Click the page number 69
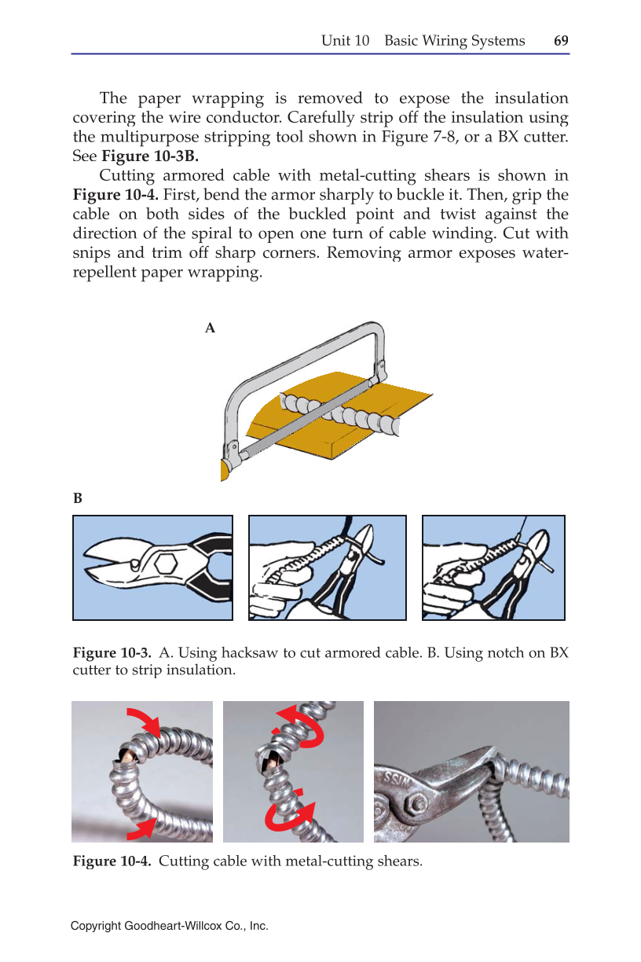pos(561,41)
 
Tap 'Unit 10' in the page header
pos(345,41)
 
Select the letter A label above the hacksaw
pos(210,329)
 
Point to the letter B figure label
pos(78,498)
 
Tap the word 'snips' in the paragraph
pos(92,253)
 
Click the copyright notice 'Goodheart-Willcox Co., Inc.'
pos(196,927)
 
